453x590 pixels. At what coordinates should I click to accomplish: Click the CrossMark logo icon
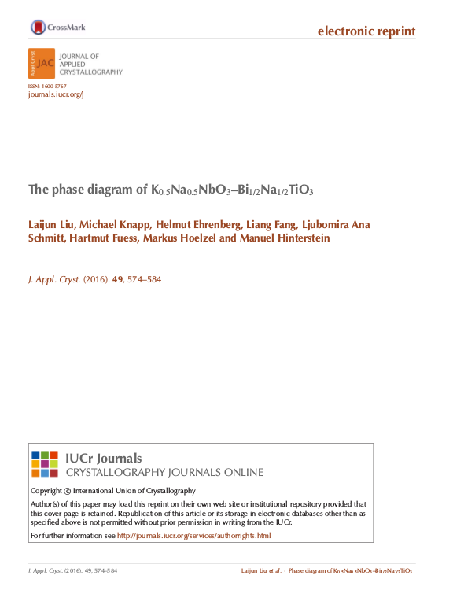pyautogui.click(x=38, y=28)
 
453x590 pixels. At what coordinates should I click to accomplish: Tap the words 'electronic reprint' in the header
pyautogui.click(x=366, y=31)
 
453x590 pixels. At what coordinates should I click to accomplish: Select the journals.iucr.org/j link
pyautogui.click(x=55, y=94)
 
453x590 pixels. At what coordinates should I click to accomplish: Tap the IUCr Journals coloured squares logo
pyautogui.click(x=44, y=465)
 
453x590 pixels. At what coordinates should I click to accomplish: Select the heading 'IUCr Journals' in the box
pyautogui.click(x=104, y=459)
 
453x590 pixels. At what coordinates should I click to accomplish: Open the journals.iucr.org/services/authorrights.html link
pyautogui.click(x=193, y=536)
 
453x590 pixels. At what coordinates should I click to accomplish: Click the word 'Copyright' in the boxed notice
pyautogui.click(x=46, y=491)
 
